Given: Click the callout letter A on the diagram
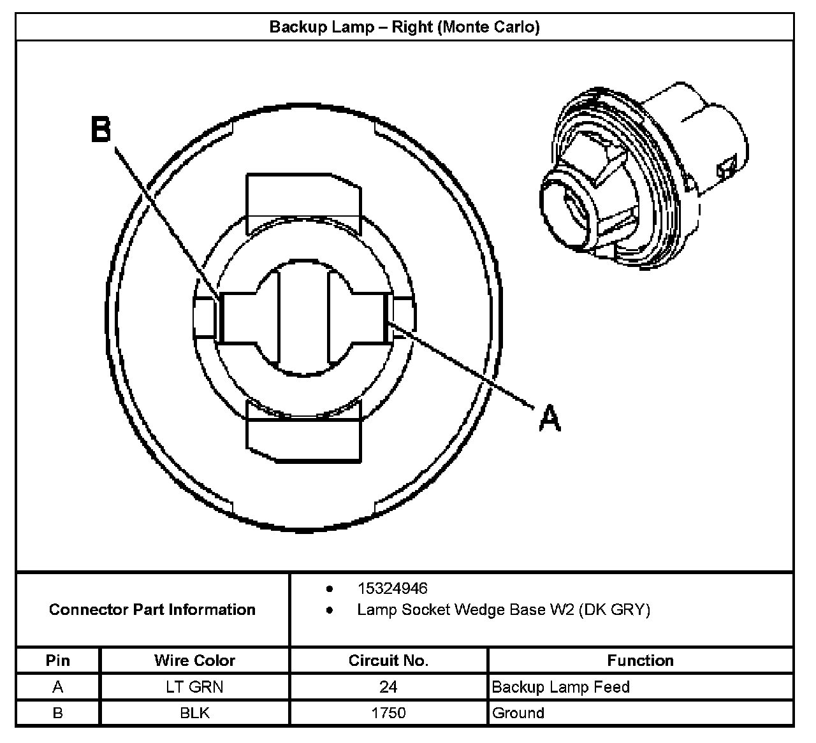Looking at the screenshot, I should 550,419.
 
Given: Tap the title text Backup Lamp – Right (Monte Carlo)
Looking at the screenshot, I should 404,27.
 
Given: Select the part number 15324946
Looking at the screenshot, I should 392,588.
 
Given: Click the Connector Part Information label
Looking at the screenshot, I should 152,609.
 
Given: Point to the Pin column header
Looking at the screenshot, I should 58,660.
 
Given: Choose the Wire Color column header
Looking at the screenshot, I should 194,660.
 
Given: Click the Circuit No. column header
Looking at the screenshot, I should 388,660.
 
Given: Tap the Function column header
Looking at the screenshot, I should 640,660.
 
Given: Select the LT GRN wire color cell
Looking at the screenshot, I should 194,687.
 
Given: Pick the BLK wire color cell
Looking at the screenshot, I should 194,712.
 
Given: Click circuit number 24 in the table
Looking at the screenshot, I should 388,687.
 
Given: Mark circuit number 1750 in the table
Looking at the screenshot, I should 388,712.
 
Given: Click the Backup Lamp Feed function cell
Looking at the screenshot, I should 560,687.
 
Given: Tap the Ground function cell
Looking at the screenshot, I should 518,712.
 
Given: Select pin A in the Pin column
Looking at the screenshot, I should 58,687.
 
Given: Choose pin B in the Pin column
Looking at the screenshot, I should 58,712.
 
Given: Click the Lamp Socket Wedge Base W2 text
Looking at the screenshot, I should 503,610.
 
